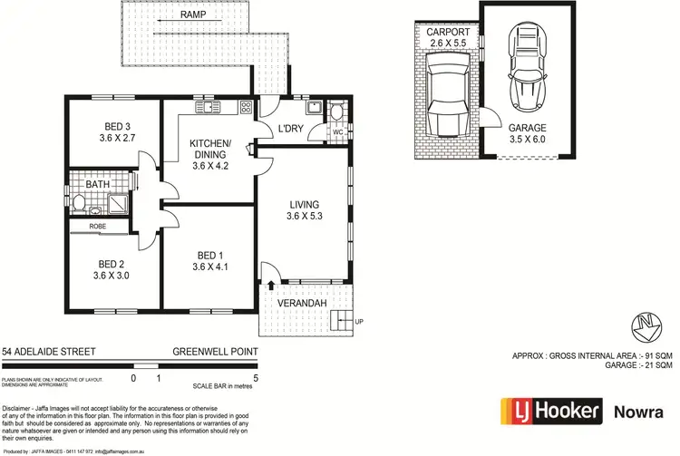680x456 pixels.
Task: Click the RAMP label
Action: [191, 15]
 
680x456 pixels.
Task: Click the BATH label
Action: [97, 184]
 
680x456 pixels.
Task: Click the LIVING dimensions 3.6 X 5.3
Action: [306, 216]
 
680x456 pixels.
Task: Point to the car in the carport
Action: [446, 98]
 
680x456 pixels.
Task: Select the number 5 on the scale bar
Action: [257, 377]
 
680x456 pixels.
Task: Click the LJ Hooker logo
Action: [550, 412]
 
